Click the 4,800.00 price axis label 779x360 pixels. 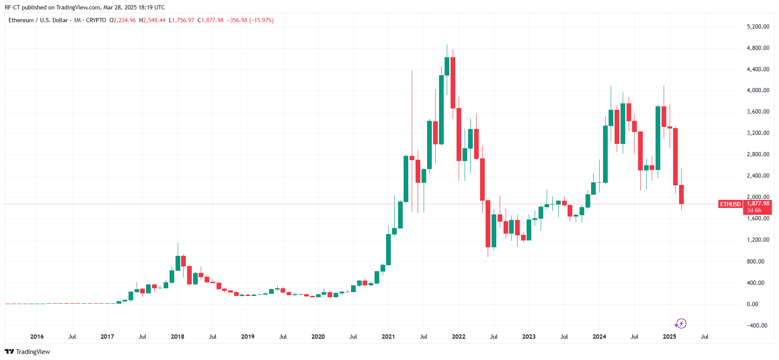click(x=758, y=48)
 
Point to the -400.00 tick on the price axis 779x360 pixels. click(x=757, y=325)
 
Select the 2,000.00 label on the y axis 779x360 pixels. click(x=758, y=197)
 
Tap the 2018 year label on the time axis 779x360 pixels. click(x=177, y=337)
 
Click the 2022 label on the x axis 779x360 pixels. click(x=458, y=337)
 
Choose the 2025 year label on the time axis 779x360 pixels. click(x=669, y=337)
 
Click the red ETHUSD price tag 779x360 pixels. click(x=730, y=204)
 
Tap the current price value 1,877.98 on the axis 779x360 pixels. click(x=758, y=203)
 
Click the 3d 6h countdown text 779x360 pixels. click(x=754, y=210)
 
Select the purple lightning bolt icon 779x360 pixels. click(x=681, y=323)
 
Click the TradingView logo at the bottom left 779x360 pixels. click(x=27, y=352)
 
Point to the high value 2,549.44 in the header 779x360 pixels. click(x=154, y=20)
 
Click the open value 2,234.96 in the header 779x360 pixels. click(x=124, y=20)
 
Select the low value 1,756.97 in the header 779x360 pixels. click(x=183, y=20)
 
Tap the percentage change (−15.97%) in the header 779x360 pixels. click(x=261, y=20)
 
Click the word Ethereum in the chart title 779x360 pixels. click(x=21, y=20)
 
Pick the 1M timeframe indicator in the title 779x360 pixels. click(x=77, y=20)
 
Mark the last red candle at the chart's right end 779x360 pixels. click(x=681, y=194)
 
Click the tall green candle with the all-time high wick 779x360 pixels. click(x=447, y=66)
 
